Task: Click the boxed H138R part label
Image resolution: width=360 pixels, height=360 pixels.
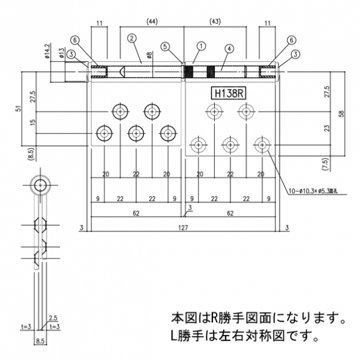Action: pos(227,93)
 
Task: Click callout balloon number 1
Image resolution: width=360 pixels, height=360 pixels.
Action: pos(201,45)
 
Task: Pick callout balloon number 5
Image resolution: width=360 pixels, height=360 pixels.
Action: pos(165,46)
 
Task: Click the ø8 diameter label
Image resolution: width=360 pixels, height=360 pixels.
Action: pos(149,57)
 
